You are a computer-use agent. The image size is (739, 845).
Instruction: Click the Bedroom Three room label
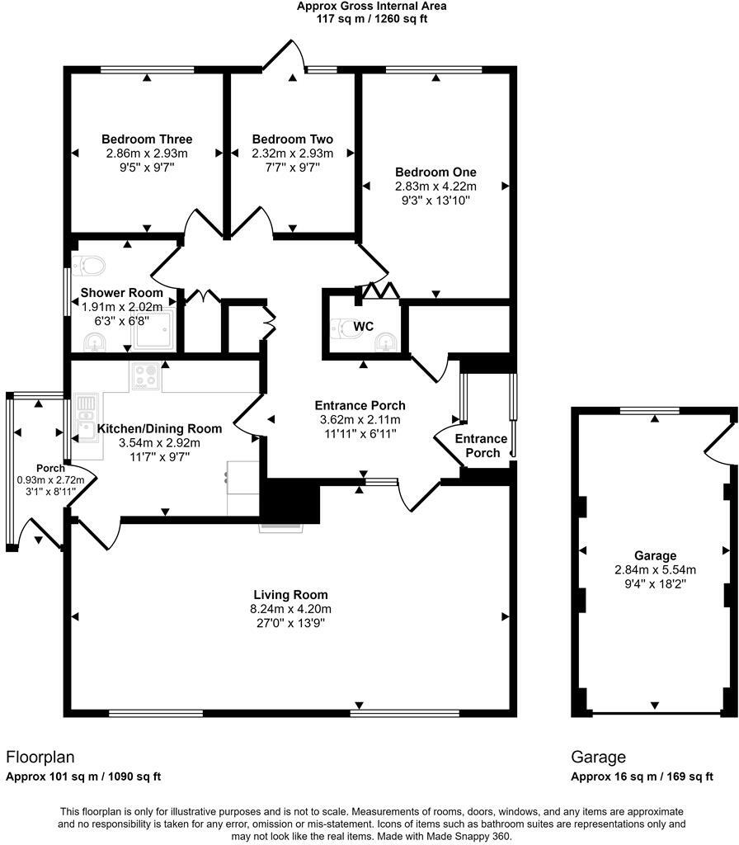[147, 139]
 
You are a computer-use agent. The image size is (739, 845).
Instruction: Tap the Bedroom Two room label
[293, 139]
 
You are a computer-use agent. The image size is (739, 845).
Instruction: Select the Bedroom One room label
[435, 172]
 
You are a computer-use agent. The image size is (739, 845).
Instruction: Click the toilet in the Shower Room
[89, 265]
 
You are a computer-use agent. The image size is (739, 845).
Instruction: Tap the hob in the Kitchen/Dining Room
[145, 376]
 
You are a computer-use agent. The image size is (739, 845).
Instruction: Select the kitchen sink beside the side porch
[85, 416]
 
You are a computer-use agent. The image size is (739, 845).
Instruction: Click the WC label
[364, 327]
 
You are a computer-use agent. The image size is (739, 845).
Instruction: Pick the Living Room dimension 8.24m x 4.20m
[290, 609]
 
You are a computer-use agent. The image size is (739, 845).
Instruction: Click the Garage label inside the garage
[655, 555]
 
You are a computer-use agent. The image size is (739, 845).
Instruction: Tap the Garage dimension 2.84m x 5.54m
[655, 569]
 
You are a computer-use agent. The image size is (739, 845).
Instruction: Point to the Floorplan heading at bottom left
[40, 757]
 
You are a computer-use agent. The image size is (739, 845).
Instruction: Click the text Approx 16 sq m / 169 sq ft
[642, 777]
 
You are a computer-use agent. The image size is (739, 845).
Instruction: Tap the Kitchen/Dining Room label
[159, 428]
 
